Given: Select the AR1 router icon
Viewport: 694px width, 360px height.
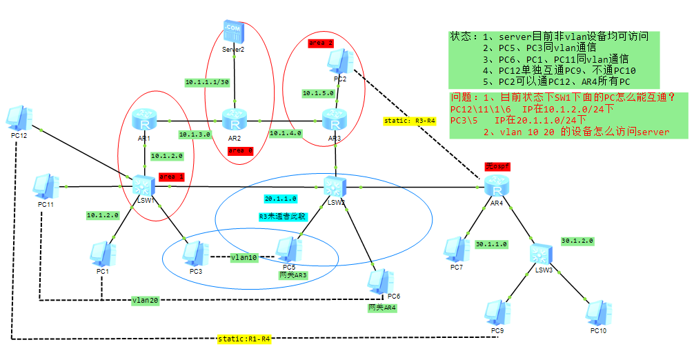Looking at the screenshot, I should (145, 121).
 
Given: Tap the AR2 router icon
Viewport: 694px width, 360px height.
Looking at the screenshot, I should (235, 121).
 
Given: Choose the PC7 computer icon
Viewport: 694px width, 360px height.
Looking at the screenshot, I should (455, 250).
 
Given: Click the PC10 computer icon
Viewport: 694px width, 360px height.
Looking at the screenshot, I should (599, 312).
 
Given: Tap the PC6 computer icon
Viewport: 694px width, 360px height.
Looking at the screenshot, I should (379, 279).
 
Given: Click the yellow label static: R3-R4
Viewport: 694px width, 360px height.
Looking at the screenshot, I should (410, 121).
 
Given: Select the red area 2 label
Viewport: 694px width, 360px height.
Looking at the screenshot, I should (321, 43).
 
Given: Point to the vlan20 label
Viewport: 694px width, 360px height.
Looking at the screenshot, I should (146, 301).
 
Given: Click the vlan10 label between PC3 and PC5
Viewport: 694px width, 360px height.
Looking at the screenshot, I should (244, 257).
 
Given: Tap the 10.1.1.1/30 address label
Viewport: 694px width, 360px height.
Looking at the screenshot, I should (206, 82).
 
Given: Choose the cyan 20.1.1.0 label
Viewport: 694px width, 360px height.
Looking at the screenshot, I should (280, 199).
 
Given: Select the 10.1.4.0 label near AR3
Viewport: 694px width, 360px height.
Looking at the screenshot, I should (286, 133).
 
